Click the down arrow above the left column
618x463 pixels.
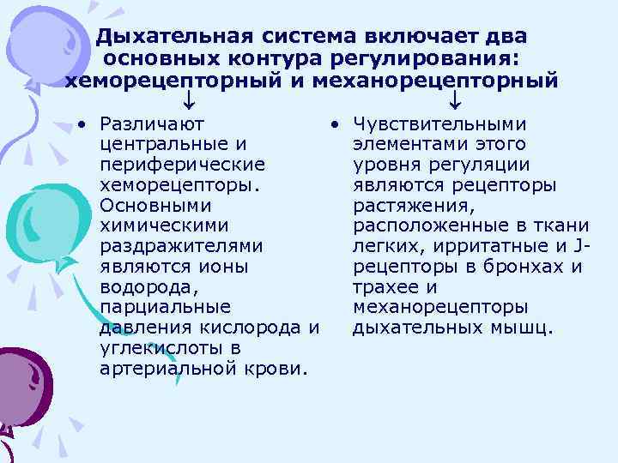[190, 105]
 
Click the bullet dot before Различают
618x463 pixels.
[78, 124]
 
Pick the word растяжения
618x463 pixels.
[413, 206]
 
